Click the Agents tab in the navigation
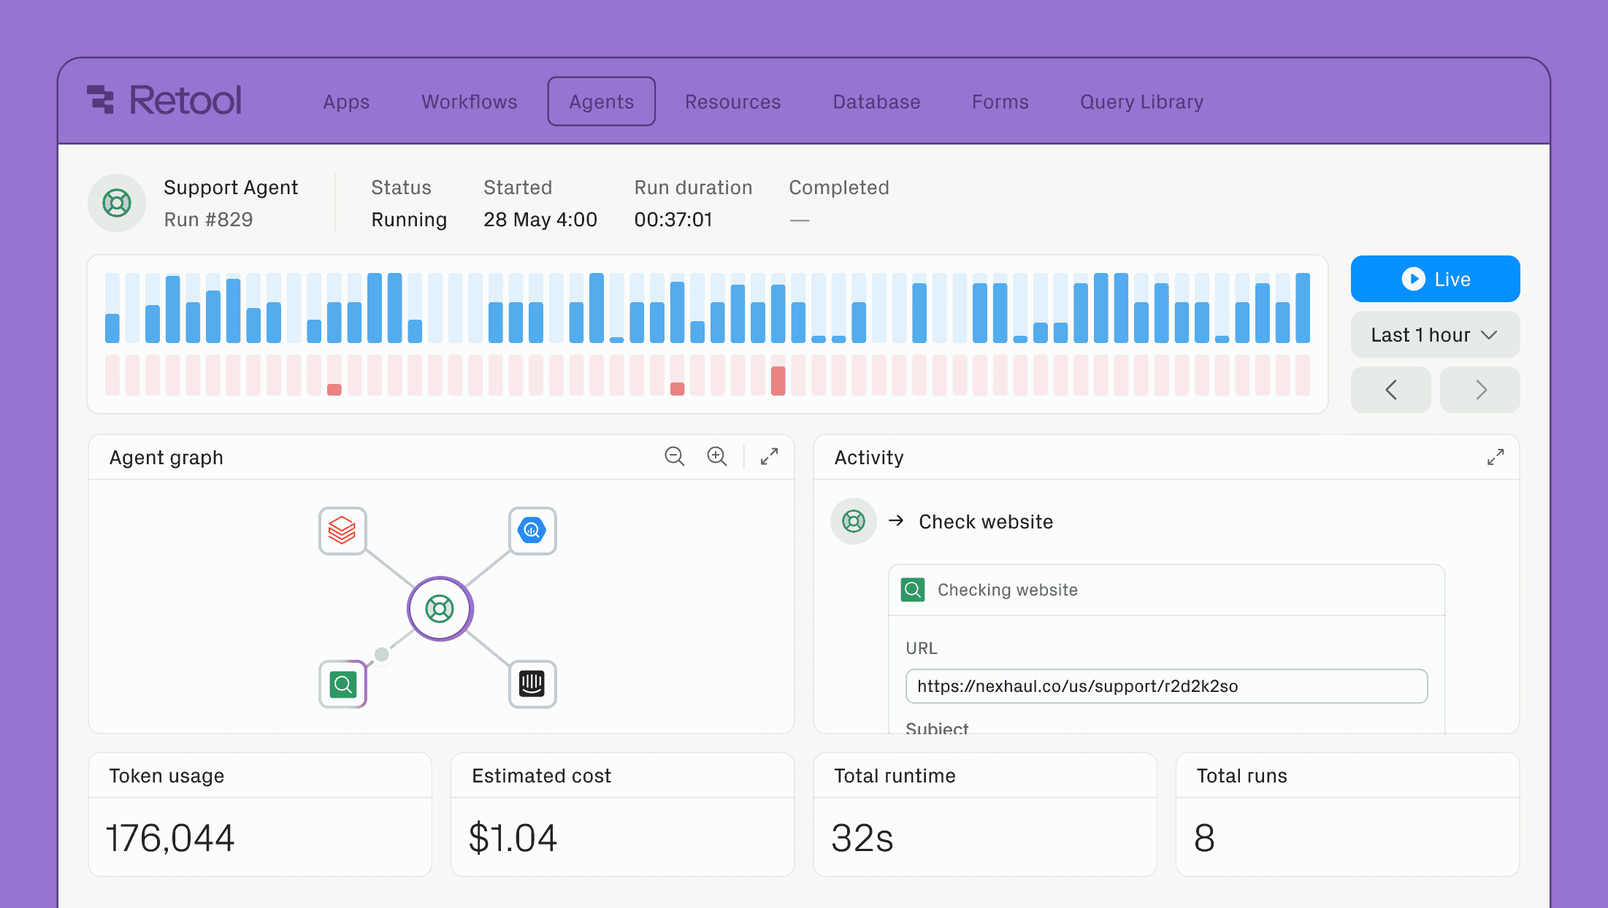point(601,101)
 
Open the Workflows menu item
point(469,101)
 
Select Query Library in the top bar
point(1141,101)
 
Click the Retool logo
point(164,100)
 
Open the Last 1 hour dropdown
point(1434,335)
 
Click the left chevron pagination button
point(1390,390)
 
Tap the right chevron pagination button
point(1479,390)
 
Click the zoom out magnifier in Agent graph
point(674,457)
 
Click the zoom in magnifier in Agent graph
point(716,457)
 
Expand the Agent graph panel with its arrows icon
point(769,457)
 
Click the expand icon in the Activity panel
point(1495,457)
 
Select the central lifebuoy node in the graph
point(440,609)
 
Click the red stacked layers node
point(342,531)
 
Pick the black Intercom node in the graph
point(532,684)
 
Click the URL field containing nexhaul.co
point(1165,686)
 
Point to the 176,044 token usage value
point(170,838)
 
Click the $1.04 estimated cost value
point(513,838)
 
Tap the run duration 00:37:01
point(673,220)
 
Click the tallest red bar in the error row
point(778,380)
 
